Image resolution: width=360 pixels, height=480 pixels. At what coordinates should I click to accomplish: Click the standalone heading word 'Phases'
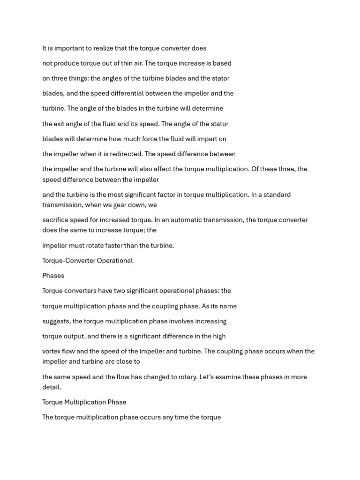(x=53, y=276)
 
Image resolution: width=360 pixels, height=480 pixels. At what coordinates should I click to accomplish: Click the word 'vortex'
(x=52, y=351)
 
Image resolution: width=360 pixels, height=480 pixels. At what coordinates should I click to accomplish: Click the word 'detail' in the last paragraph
(x=51, y=387)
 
